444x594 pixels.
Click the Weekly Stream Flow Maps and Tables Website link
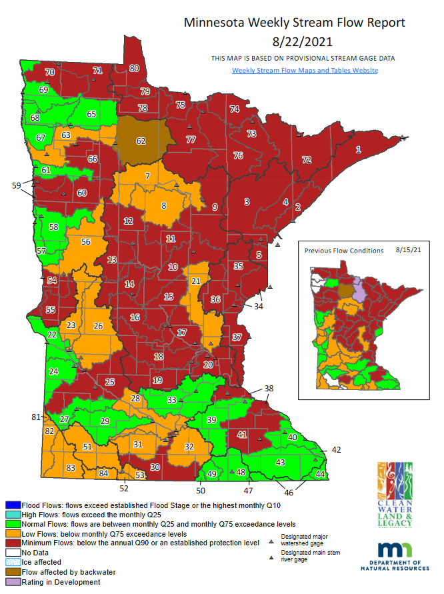(x=305, y=70)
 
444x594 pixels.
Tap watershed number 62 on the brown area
(x=141, y=141)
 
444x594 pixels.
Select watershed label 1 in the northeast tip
(x=358, y=149)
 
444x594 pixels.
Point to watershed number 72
(x=307, y=160)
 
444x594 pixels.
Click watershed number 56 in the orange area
(x=85, y=242)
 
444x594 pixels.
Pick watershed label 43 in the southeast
(x=280, y=462)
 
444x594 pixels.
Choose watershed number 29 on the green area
(x=104, y=421)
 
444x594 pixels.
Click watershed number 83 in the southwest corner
(x=71, y=469)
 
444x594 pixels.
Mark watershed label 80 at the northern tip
(x=134, y=68)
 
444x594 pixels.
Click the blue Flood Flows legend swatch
(x=11, y=505)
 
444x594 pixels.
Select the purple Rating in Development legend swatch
(x=11, y=582)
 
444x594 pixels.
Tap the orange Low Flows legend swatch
(x=11, y=534)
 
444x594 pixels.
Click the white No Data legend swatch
(x=11, y=553)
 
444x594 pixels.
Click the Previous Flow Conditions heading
(x=343, y=251)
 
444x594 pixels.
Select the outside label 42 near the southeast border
(x=336, y=450)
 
